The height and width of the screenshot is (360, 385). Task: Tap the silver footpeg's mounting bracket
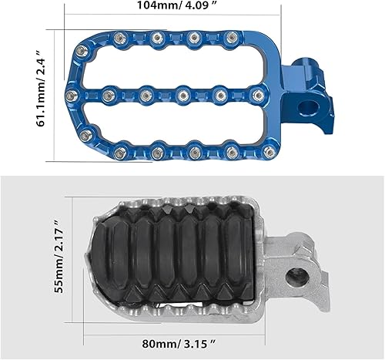tap(296, 266)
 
